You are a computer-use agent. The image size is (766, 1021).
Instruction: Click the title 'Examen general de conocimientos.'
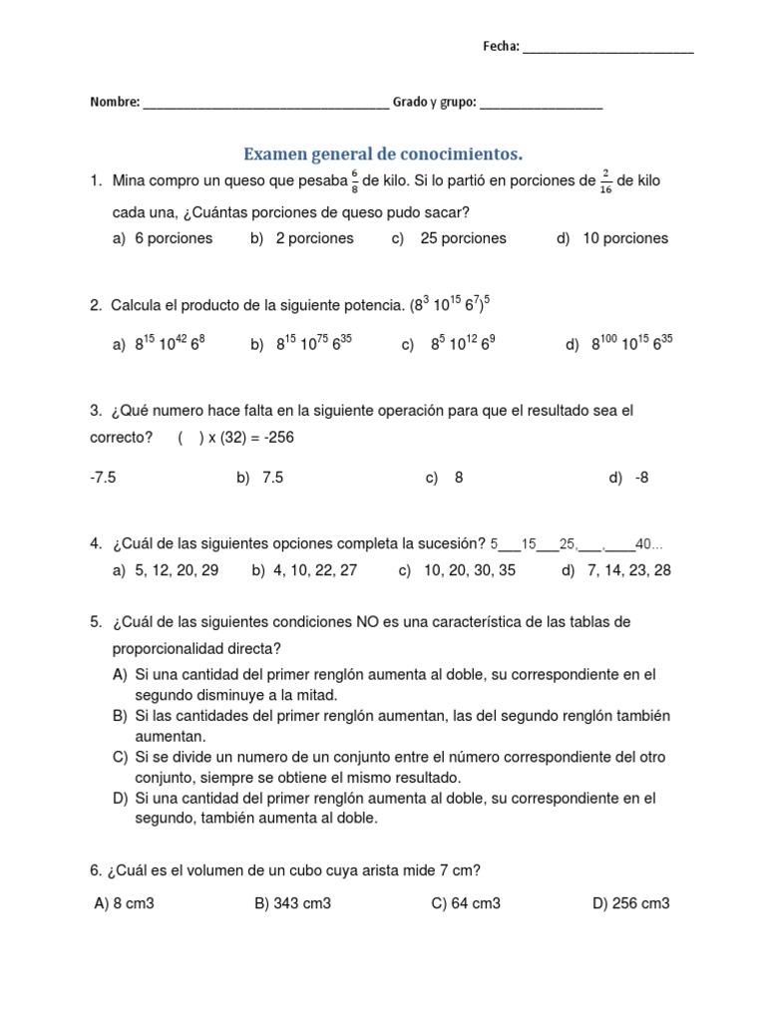tap(383, 155)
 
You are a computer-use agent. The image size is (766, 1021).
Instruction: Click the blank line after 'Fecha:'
tap(607, 49)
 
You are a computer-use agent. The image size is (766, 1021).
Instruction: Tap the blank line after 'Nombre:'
tap(266, 104)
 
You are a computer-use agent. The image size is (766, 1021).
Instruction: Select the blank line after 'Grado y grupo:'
tap(541, 104)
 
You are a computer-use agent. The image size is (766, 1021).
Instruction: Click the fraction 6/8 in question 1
tap(354, 181)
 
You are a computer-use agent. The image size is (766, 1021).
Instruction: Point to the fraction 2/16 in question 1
tap(606, 181)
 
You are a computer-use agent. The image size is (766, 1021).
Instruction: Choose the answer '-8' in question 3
tap(641, 478)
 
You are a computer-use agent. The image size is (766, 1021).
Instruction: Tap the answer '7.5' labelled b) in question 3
tap(272, 478)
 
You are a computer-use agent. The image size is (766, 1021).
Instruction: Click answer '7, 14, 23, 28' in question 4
tap(629, 570)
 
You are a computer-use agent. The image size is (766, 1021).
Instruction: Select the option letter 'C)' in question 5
tap(121, 757)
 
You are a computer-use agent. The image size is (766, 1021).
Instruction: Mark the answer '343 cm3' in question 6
tap(303, 903)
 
